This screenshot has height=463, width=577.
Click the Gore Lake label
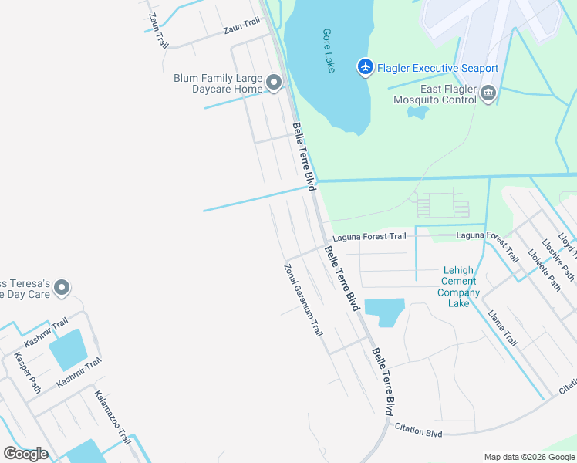(x=327, y=51)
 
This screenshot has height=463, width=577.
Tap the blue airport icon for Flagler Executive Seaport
(x=366, y=68)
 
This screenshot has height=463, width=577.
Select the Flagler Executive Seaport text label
(x=437, y=69)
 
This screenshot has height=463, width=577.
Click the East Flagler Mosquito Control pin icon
(x=488, y=93)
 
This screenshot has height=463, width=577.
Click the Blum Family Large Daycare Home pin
(x=273, y=83)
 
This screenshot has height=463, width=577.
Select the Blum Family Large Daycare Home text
(x=217, y=83)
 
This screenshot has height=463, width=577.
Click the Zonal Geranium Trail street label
(x=303, y=300)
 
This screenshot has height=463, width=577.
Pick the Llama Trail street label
(x=503, y=327)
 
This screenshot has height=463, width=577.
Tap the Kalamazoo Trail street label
(x=113, y=417)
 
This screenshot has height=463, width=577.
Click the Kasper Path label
(x=27, y=373)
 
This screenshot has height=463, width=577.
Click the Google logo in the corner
(x=25, y=453)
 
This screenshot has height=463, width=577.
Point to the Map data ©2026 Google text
(x=528, y=457)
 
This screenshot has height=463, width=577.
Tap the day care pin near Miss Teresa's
(x=62, y=288)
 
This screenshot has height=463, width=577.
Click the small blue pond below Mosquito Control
(x=418, y=112)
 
